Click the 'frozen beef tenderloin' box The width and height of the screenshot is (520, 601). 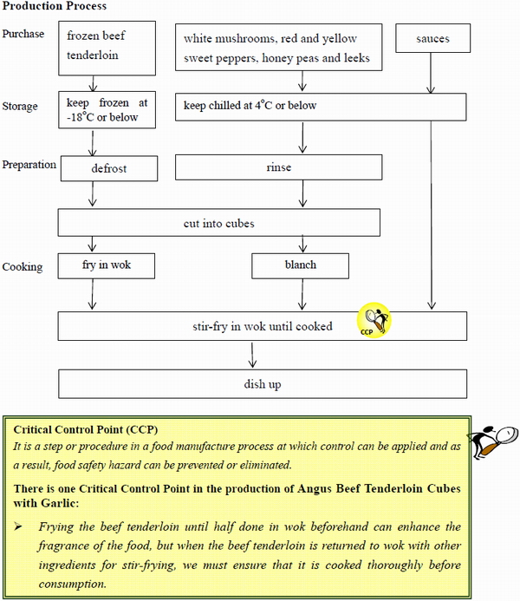pos(108,46)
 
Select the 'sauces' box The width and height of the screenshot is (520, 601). pos(432,39)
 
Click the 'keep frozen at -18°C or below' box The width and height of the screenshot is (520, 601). pos(108,109)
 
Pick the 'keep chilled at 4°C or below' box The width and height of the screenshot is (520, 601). pos(321,107)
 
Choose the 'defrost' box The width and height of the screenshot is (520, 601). pos(108,167)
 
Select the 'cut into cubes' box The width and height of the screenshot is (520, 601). pos(218,223)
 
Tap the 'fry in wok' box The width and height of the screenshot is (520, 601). pos(107,265)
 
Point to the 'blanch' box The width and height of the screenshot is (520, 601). pos(300,265)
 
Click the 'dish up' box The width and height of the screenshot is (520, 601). pos(262,384)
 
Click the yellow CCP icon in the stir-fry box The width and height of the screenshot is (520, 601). pos(374,321)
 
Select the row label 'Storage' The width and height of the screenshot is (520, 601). pos(21,107)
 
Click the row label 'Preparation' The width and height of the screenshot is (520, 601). pos(29,165)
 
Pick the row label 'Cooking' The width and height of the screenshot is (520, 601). pos(23,266)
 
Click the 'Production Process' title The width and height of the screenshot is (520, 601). pos(55,7)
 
